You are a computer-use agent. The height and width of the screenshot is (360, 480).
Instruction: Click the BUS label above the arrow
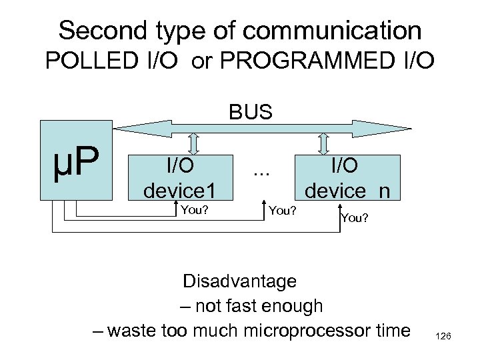pyautogui.click(x=250, y=111)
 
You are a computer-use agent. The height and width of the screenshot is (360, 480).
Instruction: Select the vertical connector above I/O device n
pyautogui.click(x=325, y=143)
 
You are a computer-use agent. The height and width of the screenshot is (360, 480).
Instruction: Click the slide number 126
pyautogui.click(x=443, y=338)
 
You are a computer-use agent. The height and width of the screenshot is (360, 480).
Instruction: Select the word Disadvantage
pyautogui.click(x=240, y=281)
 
